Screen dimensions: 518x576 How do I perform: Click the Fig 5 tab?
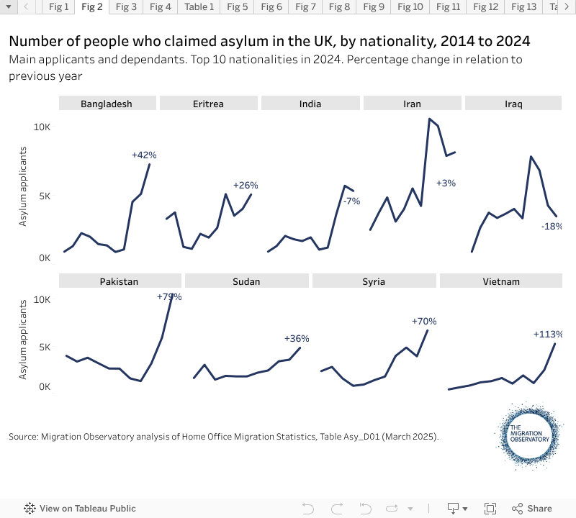click(x=237, y=7)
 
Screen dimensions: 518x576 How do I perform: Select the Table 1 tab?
click(x=199, y=7)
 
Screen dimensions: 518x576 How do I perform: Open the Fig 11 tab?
click(x=448, y=7)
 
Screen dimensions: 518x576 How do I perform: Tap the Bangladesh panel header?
click(x=107, y=104)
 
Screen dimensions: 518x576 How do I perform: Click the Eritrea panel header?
click(x=208, y=104)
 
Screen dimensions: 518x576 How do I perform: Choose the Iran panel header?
click(x=412, y=104)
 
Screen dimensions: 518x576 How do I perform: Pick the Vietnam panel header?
click(x=500, y=281)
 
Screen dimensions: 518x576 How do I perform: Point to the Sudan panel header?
click(x=246, y=281)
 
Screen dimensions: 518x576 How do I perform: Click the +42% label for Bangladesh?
click(x=144, y=155)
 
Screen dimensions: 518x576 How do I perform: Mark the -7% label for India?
click(x=351, y=201)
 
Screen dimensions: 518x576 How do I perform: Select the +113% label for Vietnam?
click(x=547, y=334)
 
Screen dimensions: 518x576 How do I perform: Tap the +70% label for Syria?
click(x=424, y=322)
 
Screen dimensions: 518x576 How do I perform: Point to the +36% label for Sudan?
click(x=297, y=338)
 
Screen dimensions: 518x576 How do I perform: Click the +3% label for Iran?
click(x=446, y=183)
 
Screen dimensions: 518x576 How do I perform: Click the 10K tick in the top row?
click(x=42, y=127)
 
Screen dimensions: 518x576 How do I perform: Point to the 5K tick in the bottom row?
click(x=45, y=347)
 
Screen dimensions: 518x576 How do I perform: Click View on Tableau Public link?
click(x=80, y=508)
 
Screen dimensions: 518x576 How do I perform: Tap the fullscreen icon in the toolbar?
click(x=490, y=508)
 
